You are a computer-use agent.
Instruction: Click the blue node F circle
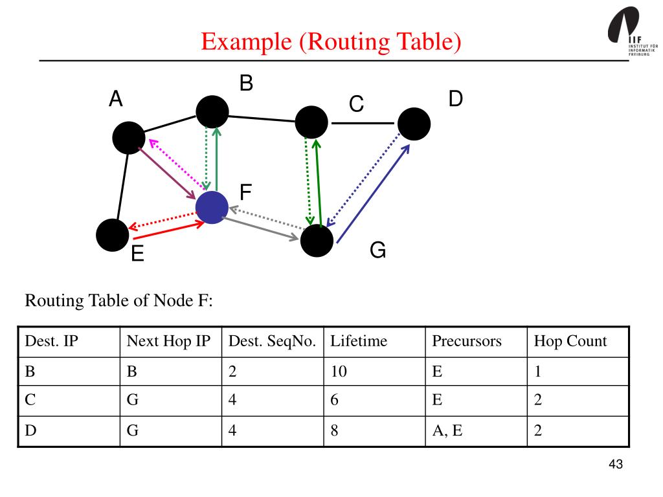pyautogui.click(x=212, y=207)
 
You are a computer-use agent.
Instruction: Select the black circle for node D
pyautogui.click(x=414, y=124)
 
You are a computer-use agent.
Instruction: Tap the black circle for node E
pyautogui.click(x=113, y=235)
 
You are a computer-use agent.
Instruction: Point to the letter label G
pyautogui.click(x=378, y=250)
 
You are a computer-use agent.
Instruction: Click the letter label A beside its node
pyautogui.click(x=115, y=100)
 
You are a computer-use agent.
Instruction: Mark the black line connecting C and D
pyautogui.click(x=363, y=123)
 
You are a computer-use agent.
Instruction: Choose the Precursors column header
pyautogui.click(x=466, y=341)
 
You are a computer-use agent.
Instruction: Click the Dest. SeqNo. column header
pyautogui.click(x=272, y=341)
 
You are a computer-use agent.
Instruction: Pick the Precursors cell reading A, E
pyautogui.click(x=447, y=431)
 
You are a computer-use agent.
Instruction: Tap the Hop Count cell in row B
pyautogui.click(x=537, y=371)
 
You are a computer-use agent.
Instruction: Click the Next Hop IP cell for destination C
pyautogui.click(x=133, y=401)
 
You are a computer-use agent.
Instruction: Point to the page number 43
pyautogui.click(x=616, y=465)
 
